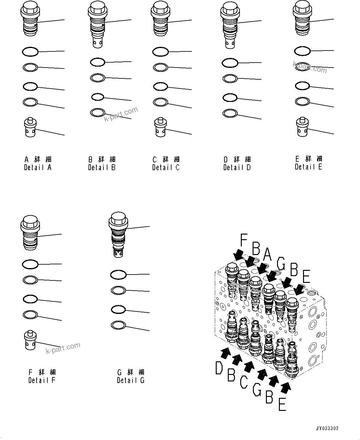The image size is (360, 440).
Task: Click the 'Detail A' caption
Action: pyautogui.click(x=38, y=167)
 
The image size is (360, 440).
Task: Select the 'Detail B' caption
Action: pyautogui.click(x=102, y=167)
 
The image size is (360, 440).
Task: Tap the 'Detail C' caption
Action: pyautogui.click(x=166, y=167)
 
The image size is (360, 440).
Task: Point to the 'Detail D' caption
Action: pyautogui.click(x=237, y=167)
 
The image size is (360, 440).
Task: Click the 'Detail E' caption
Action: pyautogui.click(x=308, y=167)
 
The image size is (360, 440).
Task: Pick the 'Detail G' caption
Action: pyautogui.click(x=130, y=380)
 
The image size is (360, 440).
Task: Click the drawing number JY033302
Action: pyautogui.click(x=327, y=429)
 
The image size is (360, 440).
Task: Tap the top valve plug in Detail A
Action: pyautogui.click(x=30, y=19)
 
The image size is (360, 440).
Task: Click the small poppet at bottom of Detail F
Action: pyautogui.click(x=30, y=340)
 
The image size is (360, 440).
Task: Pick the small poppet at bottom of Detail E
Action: pyautogui.click(x=302, y=127)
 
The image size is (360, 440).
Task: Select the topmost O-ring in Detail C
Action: pyautogui.click(x=160, y=51)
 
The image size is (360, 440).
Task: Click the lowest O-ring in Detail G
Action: pyautogui.click(x=118, y=325)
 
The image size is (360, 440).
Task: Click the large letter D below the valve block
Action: pyautogui.click(x=219, y=368)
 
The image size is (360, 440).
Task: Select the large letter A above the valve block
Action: pyautogui.click(x=267, y=255)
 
